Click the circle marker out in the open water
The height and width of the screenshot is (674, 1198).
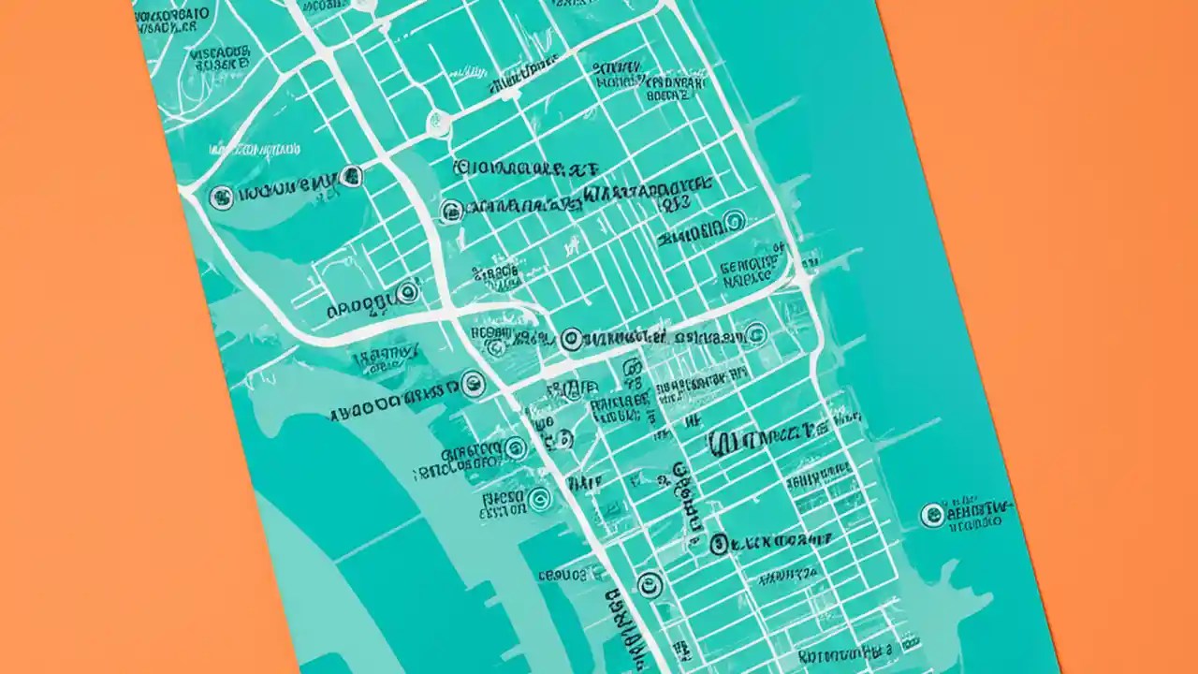(932, 515)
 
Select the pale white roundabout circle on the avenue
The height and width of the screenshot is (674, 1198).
(437, 121)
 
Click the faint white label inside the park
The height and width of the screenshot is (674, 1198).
(255, 149)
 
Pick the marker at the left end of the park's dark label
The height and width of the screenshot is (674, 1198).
(221, 197)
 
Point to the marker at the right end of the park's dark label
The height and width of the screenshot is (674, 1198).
(352, 175)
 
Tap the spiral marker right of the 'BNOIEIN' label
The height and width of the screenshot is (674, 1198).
(734, 221)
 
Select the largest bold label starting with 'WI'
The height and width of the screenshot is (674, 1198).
(760, 440)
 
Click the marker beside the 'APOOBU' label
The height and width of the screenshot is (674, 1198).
(406, 293)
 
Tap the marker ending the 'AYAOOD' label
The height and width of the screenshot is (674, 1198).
(474, 382)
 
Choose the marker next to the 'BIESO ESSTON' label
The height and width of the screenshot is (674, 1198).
(539, 499)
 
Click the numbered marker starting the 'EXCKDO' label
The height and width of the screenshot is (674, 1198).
(719, 543)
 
